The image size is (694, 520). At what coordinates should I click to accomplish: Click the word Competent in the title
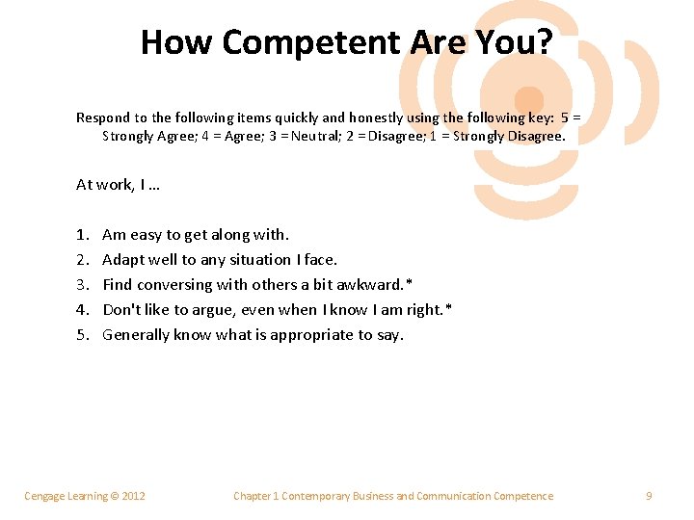coord(307,42)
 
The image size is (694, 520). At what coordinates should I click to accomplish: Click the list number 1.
coord(81,235)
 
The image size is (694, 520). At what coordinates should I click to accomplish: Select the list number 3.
coord(82,285)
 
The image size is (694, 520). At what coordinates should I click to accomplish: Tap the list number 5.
coord(82,335)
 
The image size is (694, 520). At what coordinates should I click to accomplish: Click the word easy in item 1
coord(146,235)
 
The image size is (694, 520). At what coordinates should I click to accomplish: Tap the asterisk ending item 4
coord(449,308)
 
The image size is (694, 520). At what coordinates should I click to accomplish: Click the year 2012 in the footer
coord(132,496)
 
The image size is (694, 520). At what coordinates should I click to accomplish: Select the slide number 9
coord(649,496)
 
